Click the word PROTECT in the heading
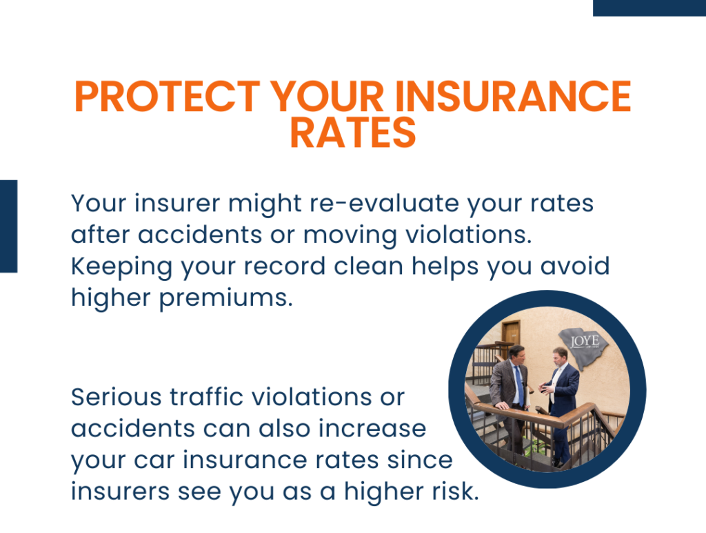(168, 96)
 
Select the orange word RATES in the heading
(353, 132)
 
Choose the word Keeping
(121, 267)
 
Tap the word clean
(368, 266)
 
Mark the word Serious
(116, 397)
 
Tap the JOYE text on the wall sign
(585, 341)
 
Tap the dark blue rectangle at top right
(649, 8)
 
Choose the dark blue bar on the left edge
(8, 226)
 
